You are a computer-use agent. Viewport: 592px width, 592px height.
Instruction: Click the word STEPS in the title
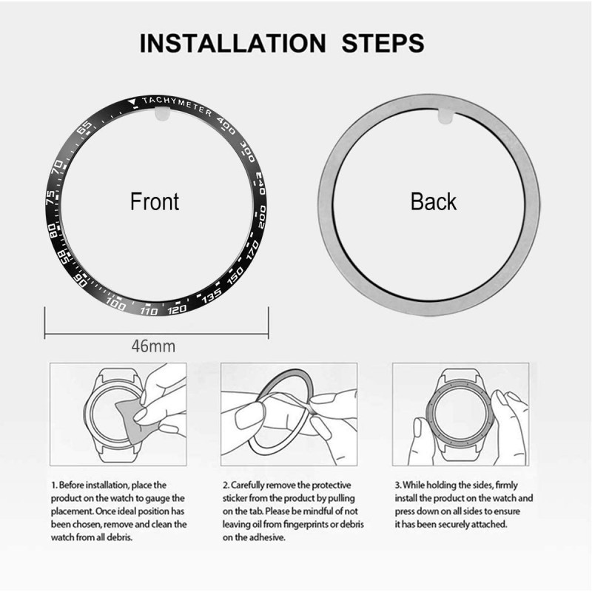point(383,42)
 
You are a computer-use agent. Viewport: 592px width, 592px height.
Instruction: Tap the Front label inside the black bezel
point(155,201)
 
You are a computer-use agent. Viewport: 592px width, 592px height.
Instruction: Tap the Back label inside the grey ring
point(434,201)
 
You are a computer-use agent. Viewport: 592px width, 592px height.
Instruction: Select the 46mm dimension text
point(155,346)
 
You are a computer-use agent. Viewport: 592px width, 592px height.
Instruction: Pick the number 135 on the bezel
point(212,294)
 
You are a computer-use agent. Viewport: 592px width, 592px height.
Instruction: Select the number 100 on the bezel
point(116,302)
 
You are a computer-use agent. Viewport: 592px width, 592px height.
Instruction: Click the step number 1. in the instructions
point(54,485)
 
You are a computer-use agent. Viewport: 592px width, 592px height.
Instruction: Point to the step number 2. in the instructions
point(226,485)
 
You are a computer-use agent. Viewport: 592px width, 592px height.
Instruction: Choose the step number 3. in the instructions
point(397,485)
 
